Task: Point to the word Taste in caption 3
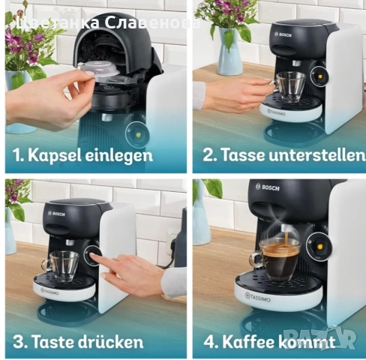[x=55, y=342]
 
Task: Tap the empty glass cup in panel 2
[x=288, y=85]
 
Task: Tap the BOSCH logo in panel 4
[x=270, y=187]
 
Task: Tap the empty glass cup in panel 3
[x=60, y=264]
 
